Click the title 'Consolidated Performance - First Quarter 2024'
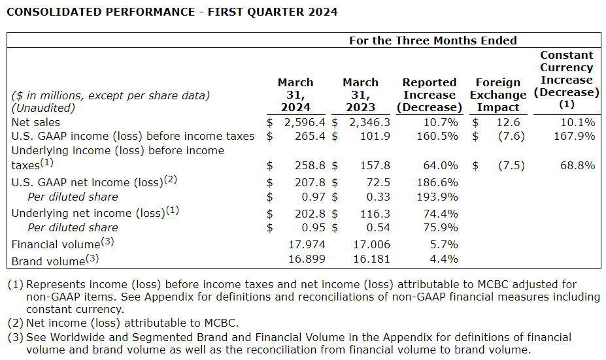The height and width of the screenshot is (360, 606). [173, 12]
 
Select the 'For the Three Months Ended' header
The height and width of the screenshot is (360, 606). [433, 41]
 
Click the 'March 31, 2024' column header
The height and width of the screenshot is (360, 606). [295, 95]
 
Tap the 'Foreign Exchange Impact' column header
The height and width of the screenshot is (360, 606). [498, 95]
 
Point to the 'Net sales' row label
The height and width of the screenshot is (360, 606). [36, 122]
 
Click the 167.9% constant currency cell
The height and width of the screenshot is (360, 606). [577, 136]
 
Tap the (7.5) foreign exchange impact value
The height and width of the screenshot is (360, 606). [511, 165]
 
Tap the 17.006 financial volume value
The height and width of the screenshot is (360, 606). [371, 244]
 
